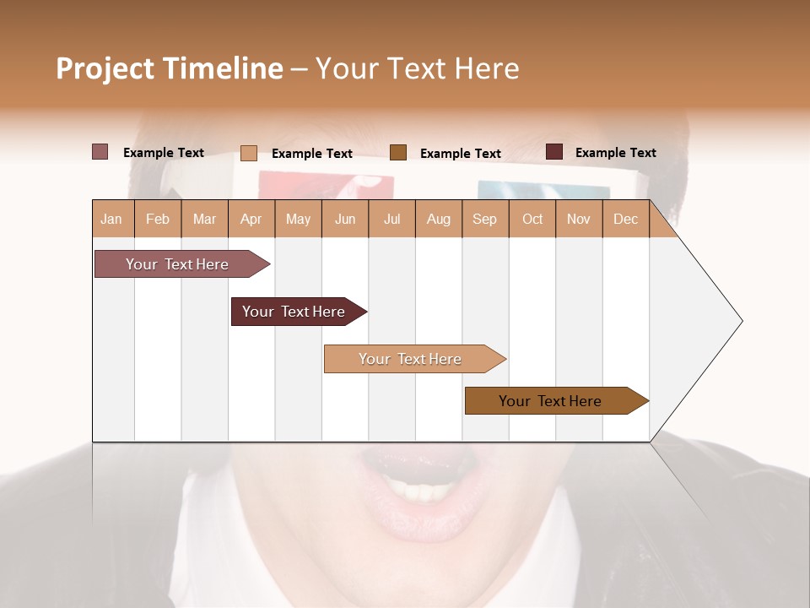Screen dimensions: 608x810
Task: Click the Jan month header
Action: [111, 219]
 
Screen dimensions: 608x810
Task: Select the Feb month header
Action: [158, 219]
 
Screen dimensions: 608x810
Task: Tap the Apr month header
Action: [251, 219]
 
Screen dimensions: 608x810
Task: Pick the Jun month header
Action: [345, 219]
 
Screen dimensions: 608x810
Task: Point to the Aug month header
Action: [439, 219]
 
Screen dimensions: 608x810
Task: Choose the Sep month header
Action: [484, 219]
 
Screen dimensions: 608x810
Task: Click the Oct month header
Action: [532, 219]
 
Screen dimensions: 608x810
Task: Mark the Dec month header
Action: [625, 219]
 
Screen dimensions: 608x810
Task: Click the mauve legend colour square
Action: [100, 152]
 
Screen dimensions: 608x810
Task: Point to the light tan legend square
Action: [249, 153]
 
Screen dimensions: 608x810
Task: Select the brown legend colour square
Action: [398, 152]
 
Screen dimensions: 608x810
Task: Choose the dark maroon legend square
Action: [554, 152]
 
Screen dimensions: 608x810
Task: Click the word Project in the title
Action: [105, 68]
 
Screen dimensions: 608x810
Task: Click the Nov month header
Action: [578, 219]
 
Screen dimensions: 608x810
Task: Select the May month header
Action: [298, 219]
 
